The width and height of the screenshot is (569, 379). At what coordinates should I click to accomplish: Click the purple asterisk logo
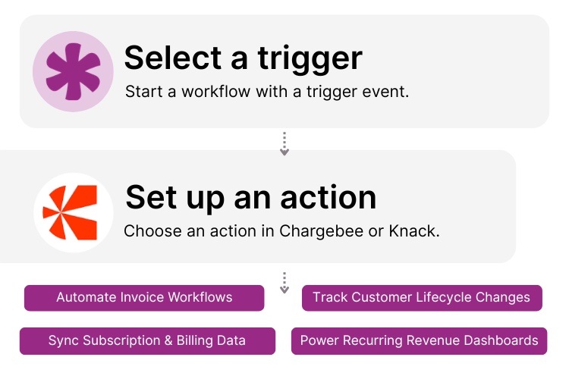point(73,71)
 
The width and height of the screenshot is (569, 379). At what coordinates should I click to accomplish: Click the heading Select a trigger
point(244,58)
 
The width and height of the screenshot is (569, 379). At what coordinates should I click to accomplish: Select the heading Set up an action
point(250,197)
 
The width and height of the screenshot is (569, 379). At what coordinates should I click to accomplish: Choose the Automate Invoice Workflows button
point(144,297)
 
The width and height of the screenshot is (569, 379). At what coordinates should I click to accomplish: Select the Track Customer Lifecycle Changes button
point(422,297)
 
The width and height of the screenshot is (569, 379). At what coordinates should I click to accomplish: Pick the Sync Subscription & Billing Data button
point(147,340)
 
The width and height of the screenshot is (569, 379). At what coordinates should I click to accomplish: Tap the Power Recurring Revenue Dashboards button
point(419,340)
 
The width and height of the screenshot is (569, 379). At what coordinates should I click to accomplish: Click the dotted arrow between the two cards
point(284,144)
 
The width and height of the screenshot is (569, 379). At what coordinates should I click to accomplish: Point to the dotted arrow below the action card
point(284,283)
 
